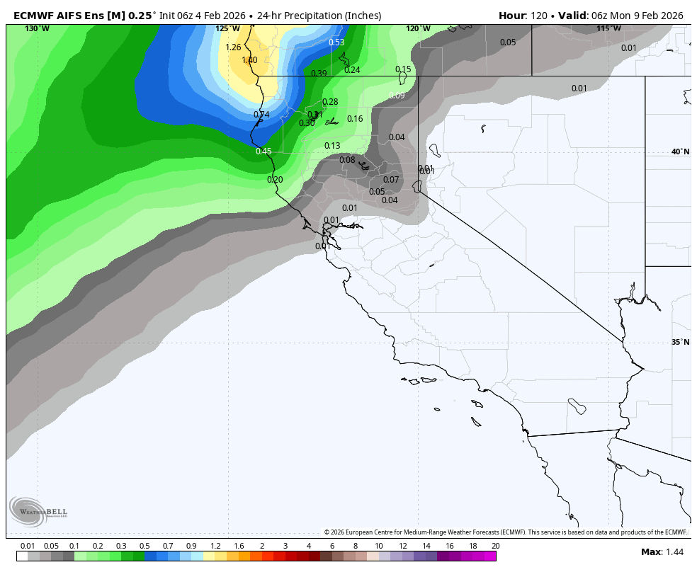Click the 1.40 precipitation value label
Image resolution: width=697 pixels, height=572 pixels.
(x=249, y=60)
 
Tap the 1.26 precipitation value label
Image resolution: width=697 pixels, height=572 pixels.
(x=233, y=47)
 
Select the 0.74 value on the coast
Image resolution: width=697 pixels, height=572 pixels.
(x=261, y=115)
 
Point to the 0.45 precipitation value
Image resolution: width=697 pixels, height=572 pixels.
(x=263, y=151)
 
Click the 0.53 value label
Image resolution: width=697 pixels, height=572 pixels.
(x=336, y=42)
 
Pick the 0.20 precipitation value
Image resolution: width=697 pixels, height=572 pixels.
(x=275, y=180)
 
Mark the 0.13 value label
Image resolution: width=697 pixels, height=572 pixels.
(x=332, y=146)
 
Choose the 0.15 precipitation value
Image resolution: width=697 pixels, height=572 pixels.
(x=403, y=69)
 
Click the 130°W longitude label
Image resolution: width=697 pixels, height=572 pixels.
(x=37, y=29)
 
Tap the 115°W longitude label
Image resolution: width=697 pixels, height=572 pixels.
(x=608, y=29)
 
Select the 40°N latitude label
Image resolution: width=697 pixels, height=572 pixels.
(x=680, y=151)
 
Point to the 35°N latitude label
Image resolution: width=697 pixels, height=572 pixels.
(x=680, y=343)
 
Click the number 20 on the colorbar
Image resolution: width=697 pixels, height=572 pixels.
(x=495, y=546)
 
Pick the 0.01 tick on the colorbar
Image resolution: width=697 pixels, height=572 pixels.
(x=28, y=546)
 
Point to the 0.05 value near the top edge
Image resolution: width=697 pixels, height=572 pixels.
(x=508, y=42)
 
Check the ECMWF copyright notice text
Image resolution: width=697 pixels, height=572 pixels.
(x=505, y=532)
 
